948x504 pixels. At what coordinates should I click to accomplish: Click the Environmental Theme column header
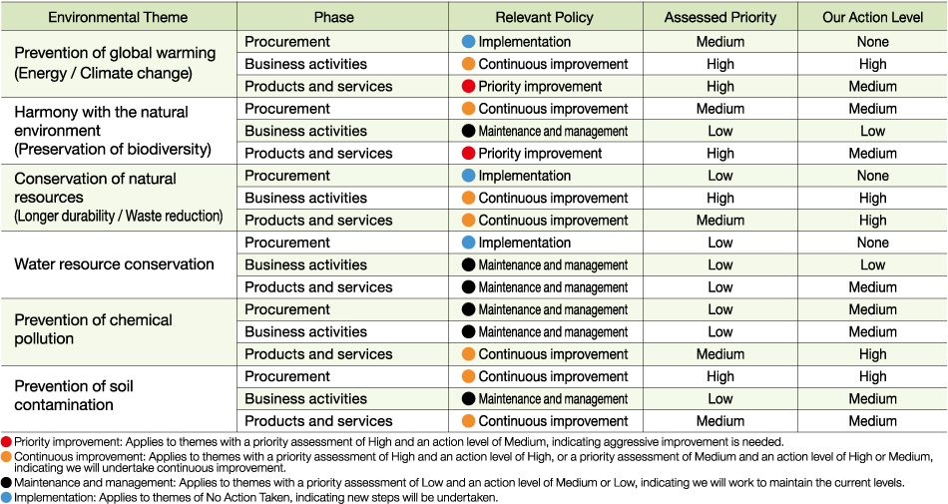(118, 18)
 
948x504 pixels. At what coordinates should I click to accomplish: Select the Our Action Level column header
(872, 18)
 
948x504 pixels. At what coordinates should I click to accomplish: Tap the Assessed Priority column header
(720, 18)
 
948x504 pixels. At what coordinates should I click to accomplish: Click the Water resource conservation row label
(115, 264)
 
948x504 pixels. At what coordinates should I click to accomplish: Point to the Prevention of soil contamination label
(74, 395)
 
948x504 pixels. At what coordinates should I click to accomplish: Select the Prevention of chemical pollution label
(93, 328)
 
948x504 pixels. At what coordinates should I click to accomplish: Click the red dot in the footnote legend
(7, 442)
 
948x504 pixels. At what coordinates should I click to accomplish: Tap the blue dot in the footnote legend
(7, 497)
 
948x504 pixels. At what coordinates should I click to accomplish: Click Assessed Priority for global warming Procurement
(720, 42)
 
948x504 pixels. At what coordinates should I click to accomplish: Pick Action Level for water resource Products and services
(872, 287)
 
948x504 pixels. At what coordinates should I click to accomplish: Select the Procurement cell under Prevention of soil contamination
(287, 376)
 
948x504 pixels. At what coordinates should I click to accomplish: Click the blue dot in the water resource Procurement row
(469, 243)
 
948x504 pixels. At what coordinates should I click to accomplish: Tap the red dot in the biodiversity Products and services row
(469, 153)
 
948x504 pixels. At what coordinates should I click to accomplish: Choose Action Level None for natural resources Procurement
(872, 176)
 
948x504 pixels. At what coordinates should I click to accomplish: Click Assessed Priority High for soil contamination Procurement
(720, 376)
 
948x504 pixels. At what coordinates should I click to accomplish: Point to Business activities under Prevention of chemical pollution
(306, 331)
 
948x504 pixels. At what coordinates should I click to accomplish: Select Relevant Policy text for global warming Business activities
(553, 64)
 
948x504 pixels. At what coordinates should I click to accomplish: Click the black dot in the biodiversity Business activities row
(469, 131)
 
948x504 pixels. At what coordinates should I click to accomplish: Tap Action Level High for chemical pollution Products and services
(872, 354)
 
